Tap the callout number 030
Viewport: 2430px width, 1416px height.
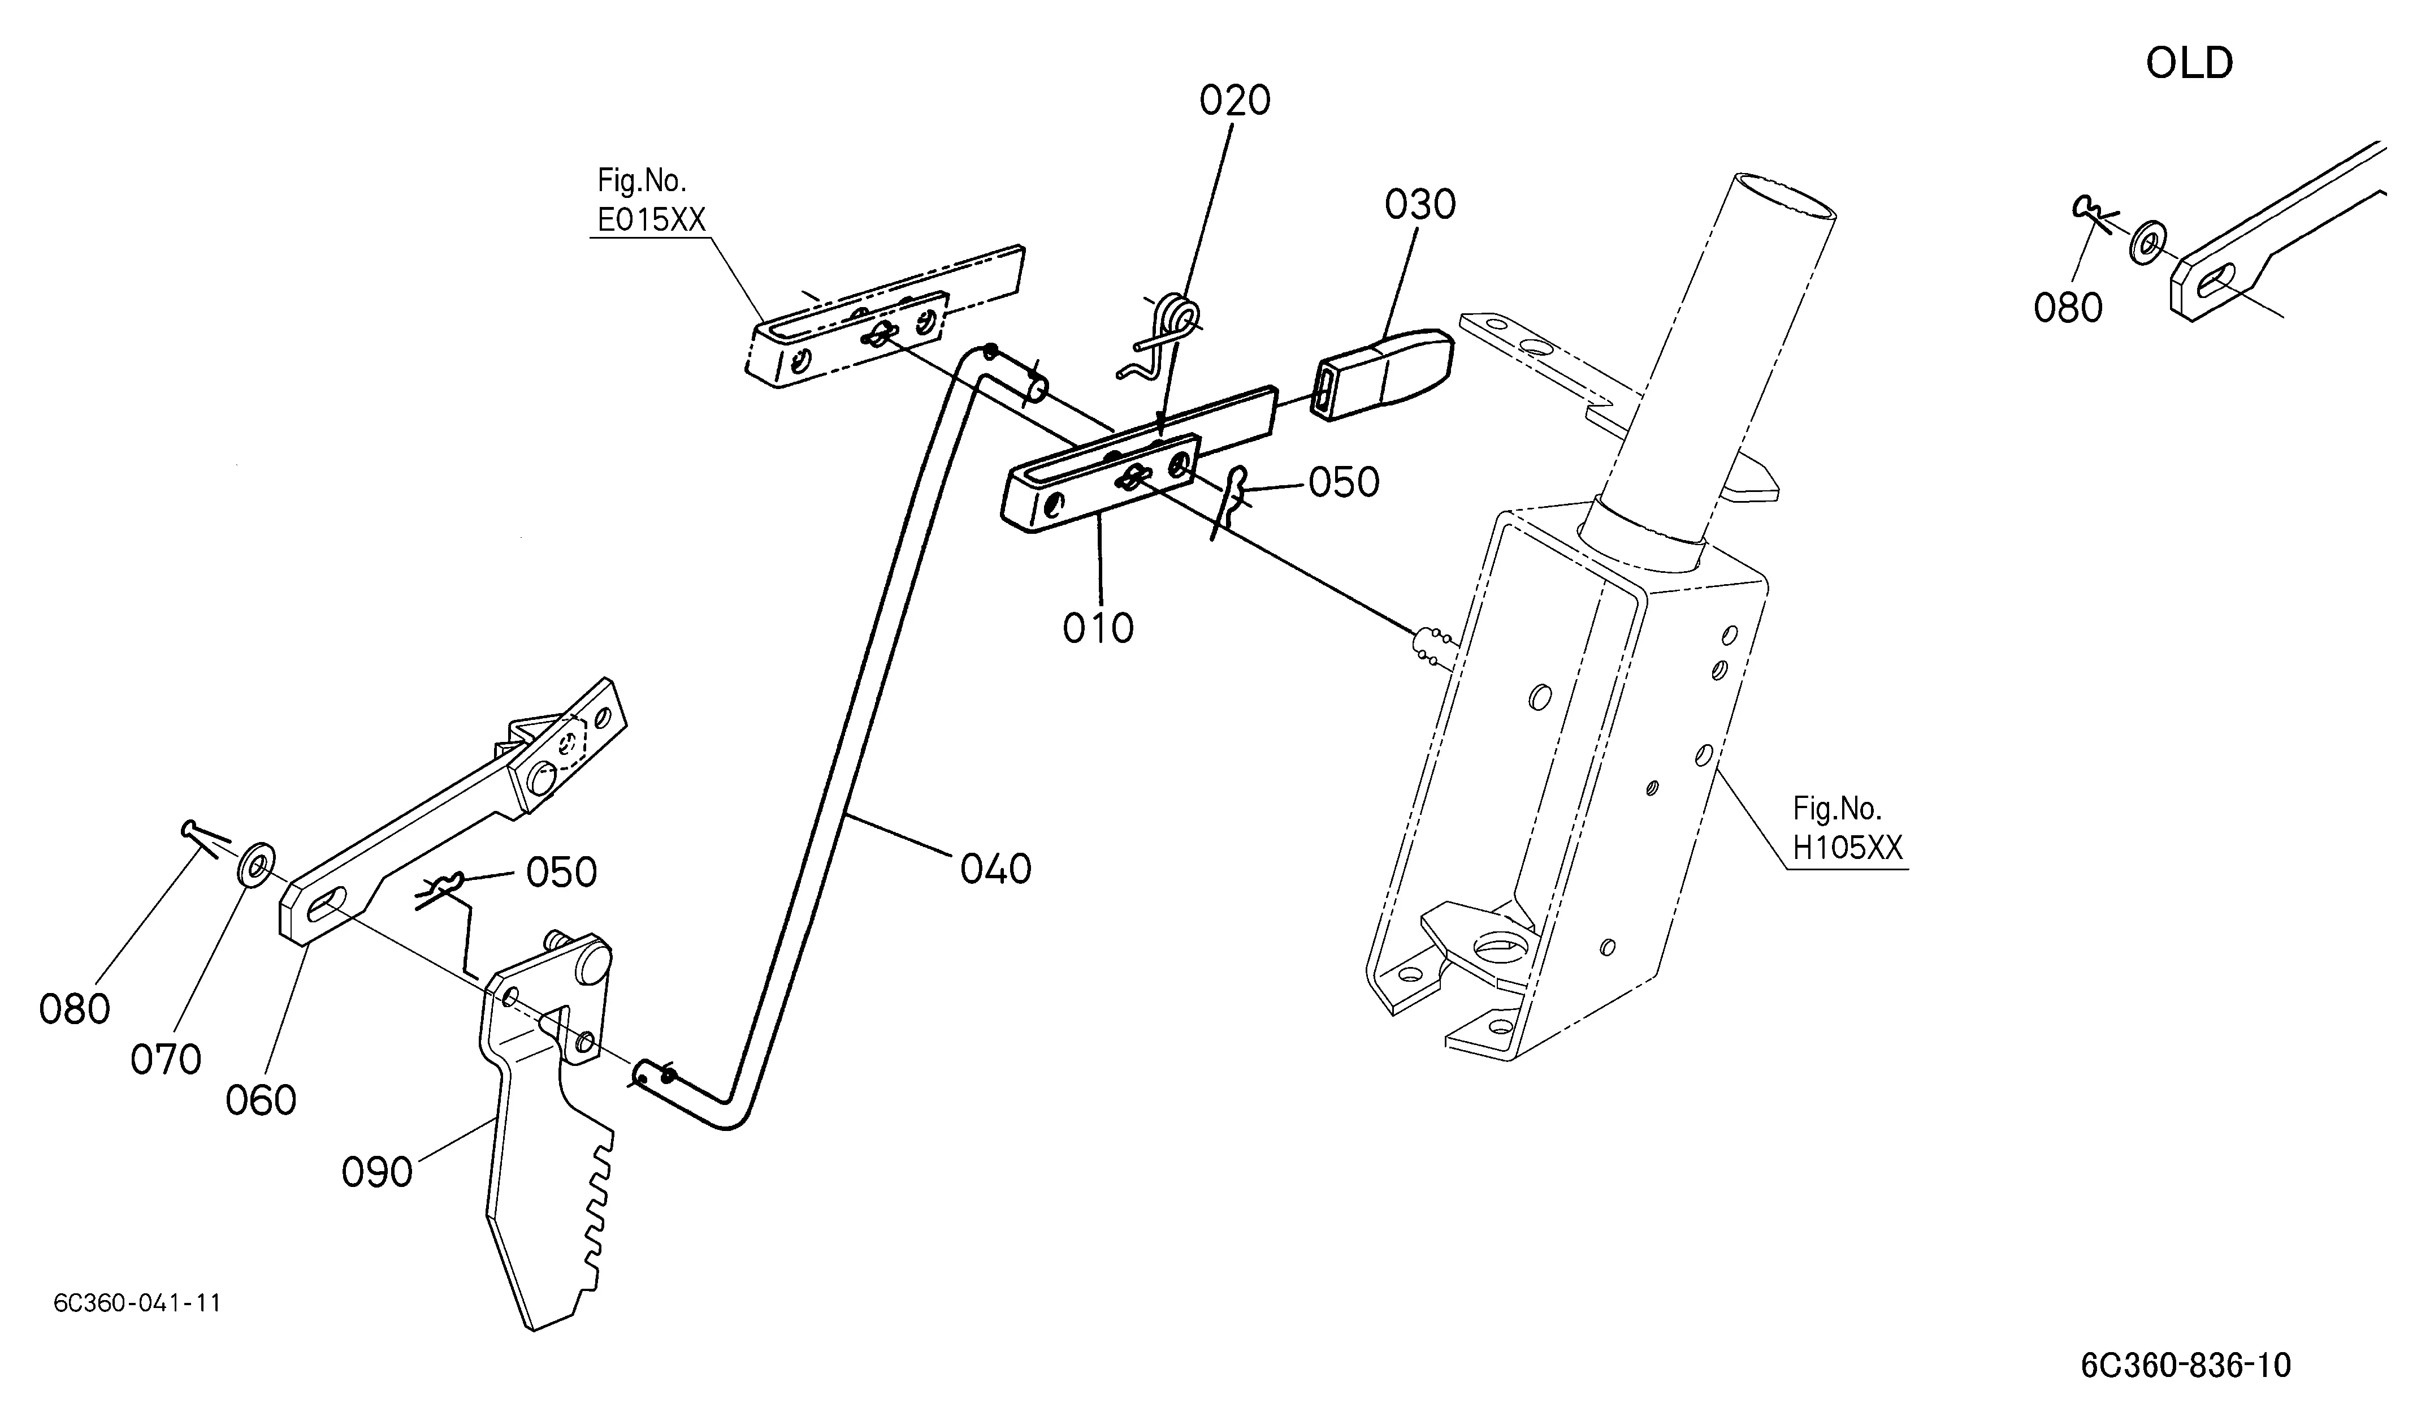pos(1420,205)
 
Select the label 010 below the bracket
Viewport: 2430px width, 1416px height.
pos(1098,628)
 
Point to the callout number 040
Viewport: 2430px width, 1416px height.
pos(996,869)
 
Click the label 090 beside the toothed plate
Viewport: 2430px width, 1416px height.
pos(377,1173)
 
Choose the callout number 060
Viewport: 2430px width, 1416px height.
pos(261,1100)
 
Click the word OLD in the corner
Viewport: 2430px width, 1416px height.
pos(2189,64)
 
